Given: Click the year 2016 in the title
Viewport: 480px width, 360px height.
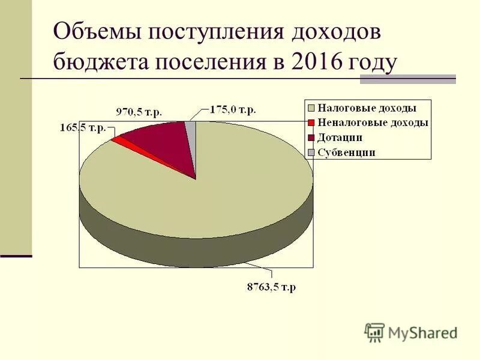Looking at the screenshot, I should tap(318, 62).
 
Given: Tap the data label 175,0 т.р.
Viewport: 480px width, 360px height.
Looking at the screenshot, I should tap(233, 109).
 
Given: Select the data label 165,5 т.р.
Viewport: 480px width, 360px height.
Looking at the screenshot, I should tap(83, 128).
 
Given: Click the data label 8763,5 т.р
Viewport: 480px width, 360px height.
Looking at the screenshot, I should tap(271, 287).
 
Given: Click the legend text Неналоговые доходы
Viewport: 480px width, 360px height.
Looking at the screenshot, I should tap(373, 122).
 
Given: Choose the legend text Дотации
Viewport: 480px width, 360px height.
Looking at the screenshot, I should tap(340, 137).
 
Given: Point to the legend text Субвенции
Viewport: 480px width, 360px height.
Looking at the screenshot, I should tap(346, 152).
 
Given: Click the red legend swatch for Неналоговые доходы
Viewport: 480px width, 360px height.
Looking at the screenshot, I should tap(310, 122).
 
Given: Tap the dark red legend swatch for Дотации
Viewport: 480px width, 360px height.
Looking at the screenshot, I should tap(310, 137).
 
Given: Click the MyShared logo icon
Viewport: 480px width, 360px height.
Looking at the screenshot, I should tap(374, 332).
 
